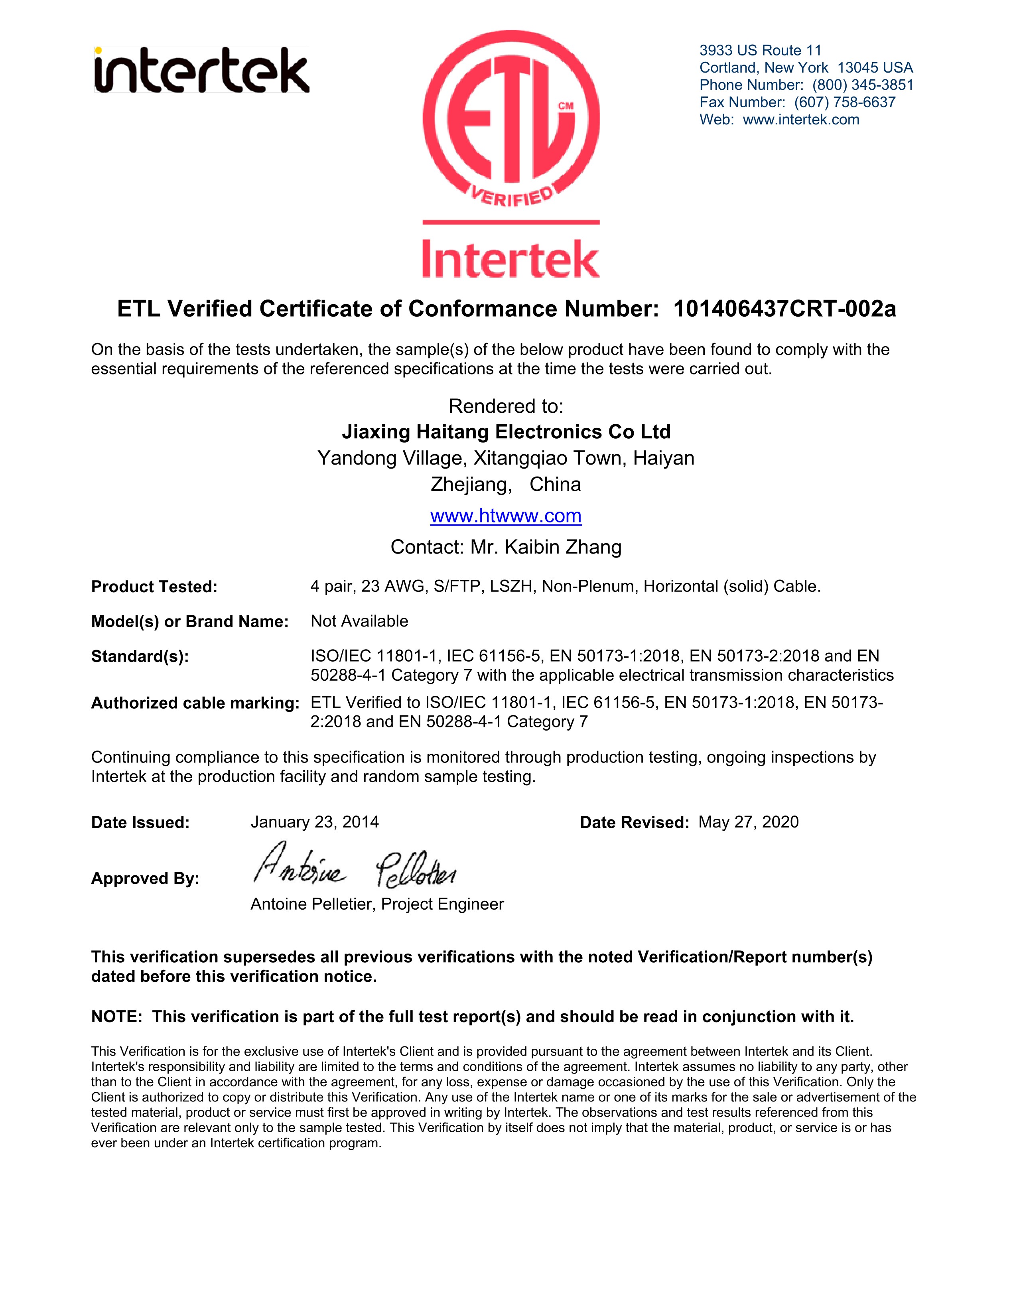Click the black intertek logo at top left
point(202,71)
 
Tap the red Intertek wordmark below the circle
point(511,259)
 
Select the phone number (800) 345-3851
point(863,85)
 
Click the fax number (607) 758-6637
point(845,102)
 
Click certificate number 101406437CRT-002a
point(784,309)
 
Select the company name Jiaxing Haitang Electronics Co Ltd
point(506,431)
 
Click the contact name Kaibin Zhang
point(563,547)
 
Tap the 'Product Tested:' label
point(154,587)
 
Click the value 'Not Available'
point(359,621)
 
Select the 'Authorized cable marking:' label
point(195,703)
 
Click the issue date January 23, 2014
point(315,822)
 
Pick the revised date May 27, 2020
point(748,822)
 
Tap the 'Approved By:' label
point(145,879)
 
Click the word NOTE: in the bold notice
point(117,1017)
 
